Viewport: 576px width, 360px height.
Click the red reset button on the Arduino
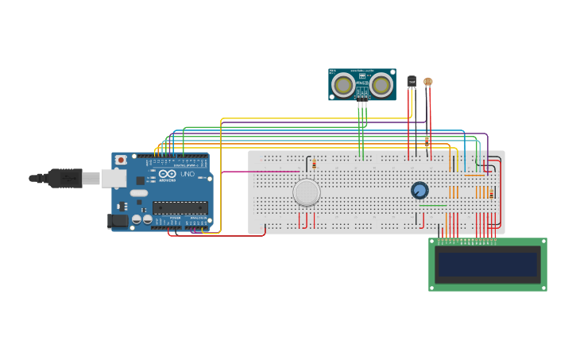pyautogui.click(x=121, y=160)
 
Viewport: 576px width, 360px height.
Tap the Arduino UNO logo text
pyautogui.click(x=176, y=175)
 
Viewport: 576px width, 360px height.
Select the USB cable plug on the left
pyautogui.click(x=64, y=178)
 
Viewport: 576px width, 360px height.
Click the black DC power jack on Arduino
pyautogui.click(x=118, y=221)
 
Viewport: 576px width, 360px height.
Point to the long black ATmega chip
pyautogui.click(x=180, y=207)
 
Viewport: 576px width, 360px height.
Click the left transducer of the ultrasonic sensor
pyautogui.click(x=343, y=84)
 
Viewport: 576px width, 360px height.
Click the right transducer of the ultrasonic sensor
pyautogui.click(x=381, y=84)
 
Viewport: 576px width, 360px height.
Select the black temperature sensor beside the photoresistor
pyautogui.click(x=412, y=81)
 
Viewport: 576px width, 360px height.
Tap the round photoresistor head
pyautogui.click(x=428, y=81)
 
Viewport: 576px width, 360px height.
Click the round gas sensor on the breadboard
pyautogui.click(x=307, y=192)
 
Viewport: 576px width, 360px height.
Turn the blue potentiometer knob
pyautogui.click(x=419, y=190)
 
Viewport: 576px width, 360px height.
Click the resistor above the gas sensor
pyautogui.click(x=314, y=165)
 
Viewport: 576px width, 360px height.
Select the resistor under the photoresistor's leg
pyautogui.click(x=427, y=141)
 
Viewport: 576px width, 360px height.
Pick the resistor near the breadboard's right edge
pyautogui.click(x=491, y=194)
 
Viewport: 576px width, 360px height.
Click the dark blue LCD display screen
pyautogui.click(x=487, y=264)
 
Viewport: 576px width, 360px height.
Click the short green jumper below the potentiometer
pyautogui.click(x=432, y=205)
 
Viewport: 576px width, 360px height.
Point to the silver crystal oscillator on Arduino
pyautogui.click(x=139, y=193)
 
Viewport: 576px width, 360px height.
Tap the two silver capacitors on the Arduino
pyautogui.click(x=142, y=219)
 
